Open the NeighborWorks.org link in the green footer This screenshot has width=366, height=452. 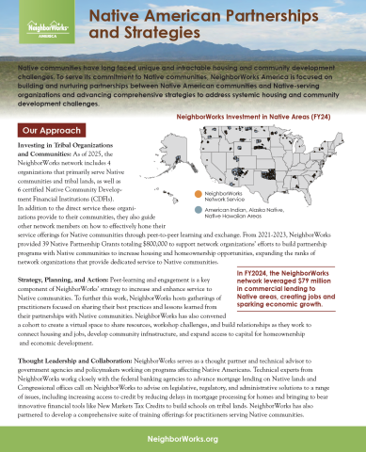183,439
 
